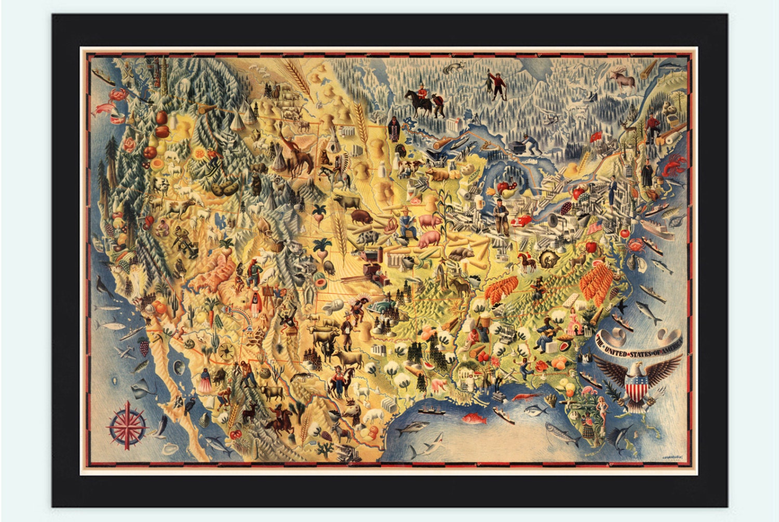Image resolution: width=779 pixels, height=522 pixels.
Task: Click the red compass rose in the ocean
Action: [x=126, y=427]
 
